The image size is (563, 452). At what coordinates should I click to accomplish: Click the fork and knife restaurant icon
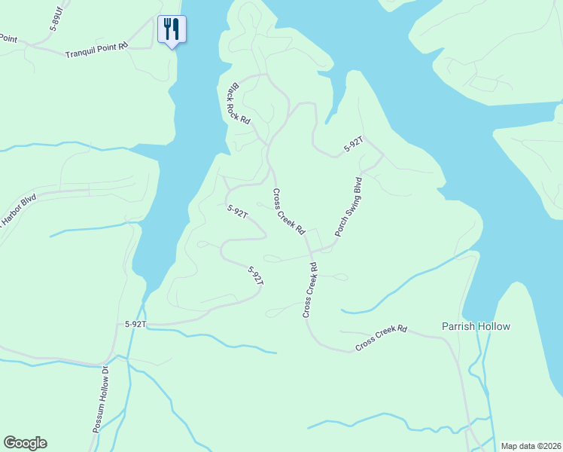[x=172, y=29]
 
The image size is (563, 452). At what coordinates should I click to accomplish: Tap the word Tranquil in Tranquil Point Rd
[x=81, y=54]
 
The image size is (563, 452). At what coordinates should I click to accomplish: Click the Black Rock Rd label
[x=239, y=103]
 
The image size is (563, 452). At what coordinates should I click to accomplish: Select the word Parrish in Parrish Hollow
[x=458, y=326]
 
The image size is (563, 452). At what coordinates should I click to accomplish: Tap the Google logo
[x=25, y=443]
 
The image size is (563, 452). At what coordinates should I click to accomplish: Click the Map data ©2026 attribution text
[x=530, y=446]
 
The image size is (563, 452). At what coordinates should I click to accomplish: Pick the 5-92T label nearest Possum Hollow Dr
[x=135, y=324]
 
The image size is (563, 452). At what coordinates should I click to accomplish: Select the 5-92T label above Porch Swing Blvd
[x=354, y=145]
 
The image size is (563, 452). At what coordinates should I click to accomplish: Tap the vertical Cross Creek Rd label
[x=309, y=290]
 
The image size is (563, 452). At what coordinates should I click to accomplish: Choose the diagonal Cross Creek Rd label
[x=289, y=211]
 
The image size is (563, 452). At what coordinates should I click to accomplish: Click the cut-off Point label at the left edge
[x=8, y=38]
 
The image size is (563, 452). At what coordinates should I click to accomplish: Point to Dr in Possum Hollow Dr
[x=106, y=374]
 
